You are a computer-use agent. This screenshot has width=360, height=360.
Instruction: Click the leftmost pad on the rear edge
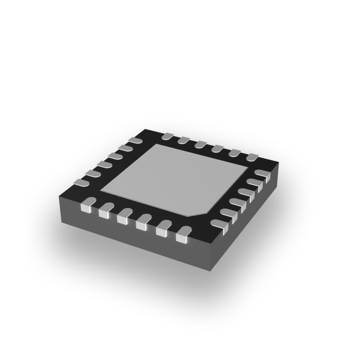coord(167,135)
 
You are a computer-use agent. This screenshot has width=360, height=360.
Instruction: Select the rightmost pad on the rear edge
coord(252,157)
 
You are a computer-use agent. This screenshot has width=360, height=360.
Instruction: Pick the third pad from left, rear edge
coord(200,144)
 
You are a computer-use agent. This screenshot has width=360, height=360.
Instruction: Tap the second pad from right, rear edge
coord(234,153)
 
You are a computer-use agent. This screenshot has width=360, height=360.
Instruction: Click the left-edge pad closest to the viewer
coord(80,182)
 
